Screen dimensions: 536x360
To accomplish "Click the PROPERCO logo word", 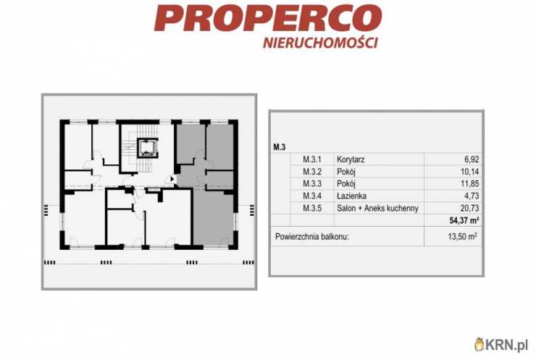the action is [x=268, y=18].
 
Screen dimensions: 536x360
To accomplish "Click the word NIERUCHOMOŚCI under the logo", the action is [x=321, y=43].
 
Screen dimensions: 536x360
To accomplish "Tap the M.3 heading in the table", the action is [x=280, y=147].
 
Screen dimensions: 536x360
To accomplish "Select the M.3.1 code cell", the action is [x=312, y=159].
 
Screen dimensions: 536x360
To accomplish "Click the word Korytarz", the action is [x=351, y=159].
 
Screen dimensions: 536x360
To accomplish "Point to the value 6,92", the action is [x=472, y=159].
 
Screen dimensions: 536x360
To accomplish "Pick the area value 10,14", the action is [x=469, y=172].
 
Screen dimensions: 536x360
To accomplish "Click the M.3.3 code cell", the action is [x=312, y=183].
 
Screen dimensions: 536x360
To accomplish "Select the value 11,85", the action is [x=469, y=183].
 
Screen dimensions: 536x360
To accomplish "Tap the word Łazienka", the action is [x=352, y=196].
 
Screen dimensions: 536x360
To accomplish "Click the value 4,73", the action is [x=472, y=196].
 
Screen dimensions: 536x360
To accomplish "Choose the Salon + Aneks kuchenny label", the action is [x=377, y=208].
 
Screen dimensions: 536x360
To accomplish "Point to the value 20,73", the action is [x=469, y=208].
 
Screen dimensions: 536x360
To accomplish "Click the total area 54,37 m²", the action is [x=464, y=220].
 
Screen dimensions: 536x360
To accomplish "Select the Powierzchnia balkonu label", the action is [x=312, y=237].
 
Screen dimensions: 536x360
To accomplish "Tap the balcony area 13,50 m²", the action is [x=463, y=236].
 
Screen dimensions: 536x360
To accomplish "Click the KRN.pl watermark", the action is [x=501, y=344].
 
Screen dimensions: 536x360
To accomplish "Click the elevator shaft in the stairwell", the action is [x=148, y=148].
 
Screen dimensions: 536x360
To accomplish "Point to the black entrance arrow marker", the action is [x=172, y=179].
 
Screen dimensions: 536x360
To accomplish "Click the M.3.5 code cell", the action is [x=312, y=208].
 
